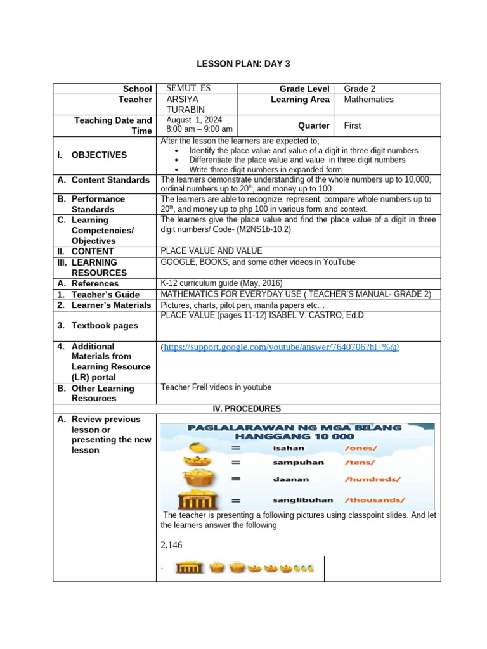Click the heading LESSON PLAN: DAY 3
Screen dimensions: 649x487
[242, 64]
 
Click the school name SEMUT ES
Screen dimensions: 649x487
[188, 89]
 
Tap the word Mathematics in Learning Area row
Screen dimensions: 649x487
[368, 100]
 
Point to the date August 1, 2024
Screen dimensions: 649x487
[194, 119]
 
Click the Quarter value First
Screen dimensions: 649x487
[353, 125]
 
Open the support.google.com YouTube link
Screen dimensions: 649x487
[281, 347]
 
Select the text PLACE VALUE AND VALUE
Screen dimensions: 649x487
[211, 251]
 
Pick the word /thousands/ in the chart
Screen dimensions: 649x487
[371, 499]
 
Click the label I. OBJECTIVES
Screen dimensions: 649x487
[99, 155]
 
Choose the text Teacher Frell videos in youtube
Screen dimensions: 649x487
[216, 387]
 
